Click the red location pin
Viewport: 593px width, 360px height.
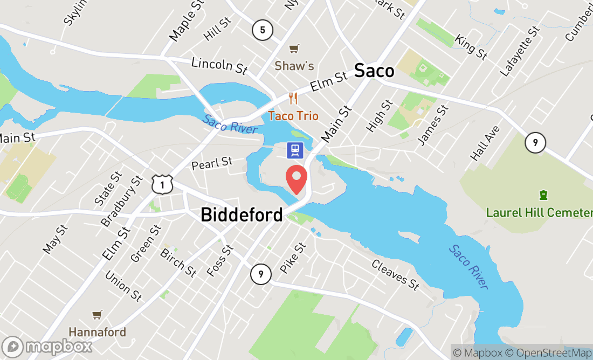[x=296, y=179]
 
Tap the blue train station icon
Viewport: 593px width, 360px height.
[x=295, y=150]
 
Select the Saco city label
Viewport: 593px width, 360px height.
[x=374, y=71]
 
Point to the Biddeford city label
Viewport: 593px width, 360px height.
[x=242, y=214]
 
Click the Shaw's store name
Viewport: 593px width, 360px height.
[x=294, y=66]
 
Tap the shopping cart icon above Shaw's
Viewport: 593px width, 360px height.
[x=294, y=49]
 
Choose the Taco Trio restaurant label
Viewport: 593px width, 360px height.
[x=293, y=116]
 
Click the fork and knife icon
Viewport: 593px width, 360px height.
[x=293, y=99]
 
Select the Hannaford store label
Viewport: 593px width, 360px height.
[x=97, y=331]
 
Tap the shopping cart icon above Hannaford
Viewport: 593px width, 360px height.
[x=97, y=315]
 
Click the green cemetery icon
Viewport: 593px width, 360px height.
[x=543, y=195]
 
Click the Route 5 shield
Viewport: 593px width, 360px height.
[x=262, y=30]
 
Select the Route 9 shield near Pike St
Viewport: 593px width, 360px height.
[x=260, y=275]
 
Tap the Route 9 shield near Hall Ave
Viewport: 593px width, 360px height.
[x=535, y=143]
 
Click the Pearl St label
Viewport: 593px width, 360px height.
[x=212, y=163]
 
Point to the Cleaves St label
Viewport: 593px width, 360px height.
[x=395, y=274]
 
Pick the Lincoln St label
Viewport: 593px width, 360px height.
[x=219, y=65]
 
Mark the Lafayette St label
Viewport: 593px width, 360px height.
[x=520, y=51]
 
